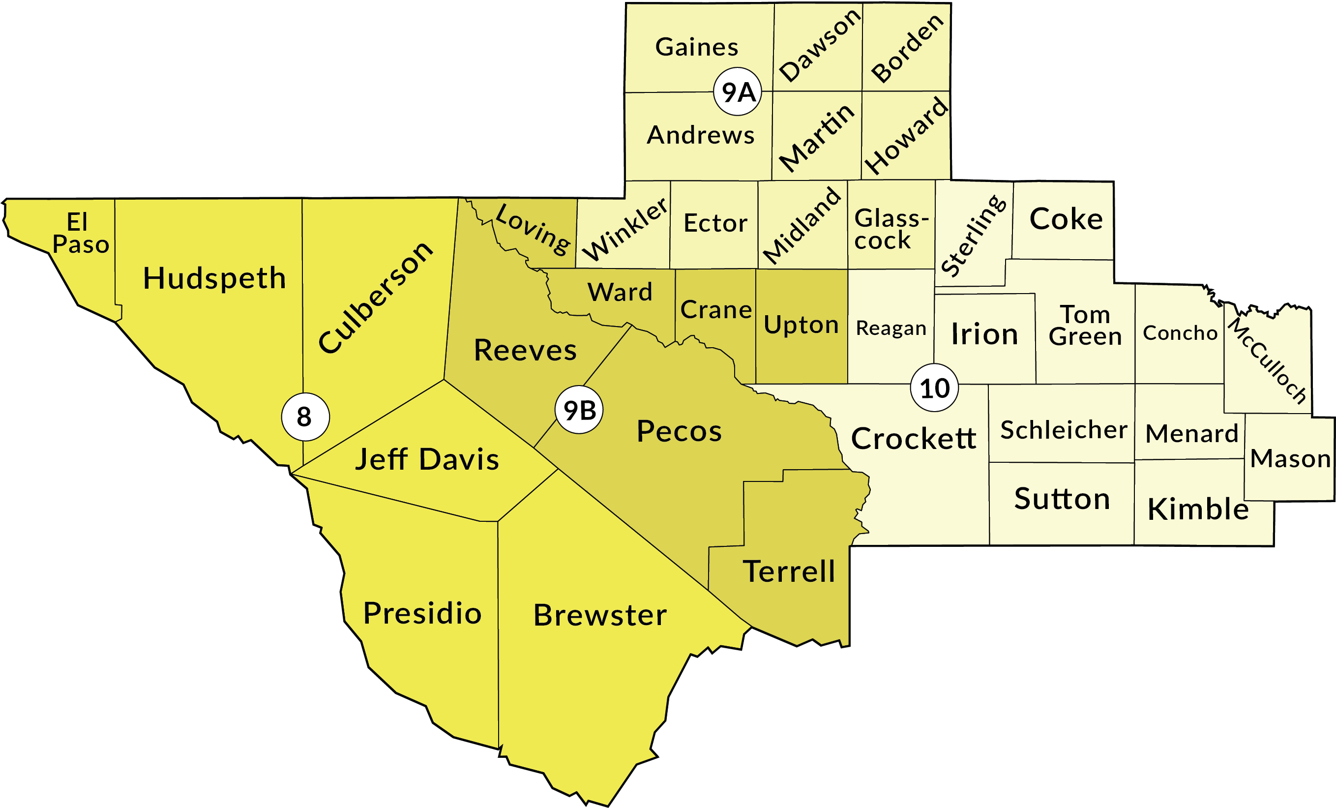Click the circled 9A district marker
[738, 91]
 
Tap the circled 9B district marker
[579, 410]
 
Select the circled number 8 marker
[305, 417]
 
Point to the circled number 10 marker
[935, 388]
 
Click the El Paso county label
[80, 233]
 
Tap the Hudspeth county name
[214, 278]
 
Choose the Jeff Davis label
[427, 459]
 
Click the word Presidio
[422, 613]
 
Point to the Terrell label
[789, 571]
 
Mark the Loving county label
[533, 229]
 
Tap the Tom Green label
[1085, 326]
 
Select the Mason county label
[1290, 459]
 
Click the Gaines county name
[697, 47]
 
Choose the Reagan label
[891, 328]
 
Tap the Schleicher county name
[1063, 430]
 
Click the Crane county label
[716, 310]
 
